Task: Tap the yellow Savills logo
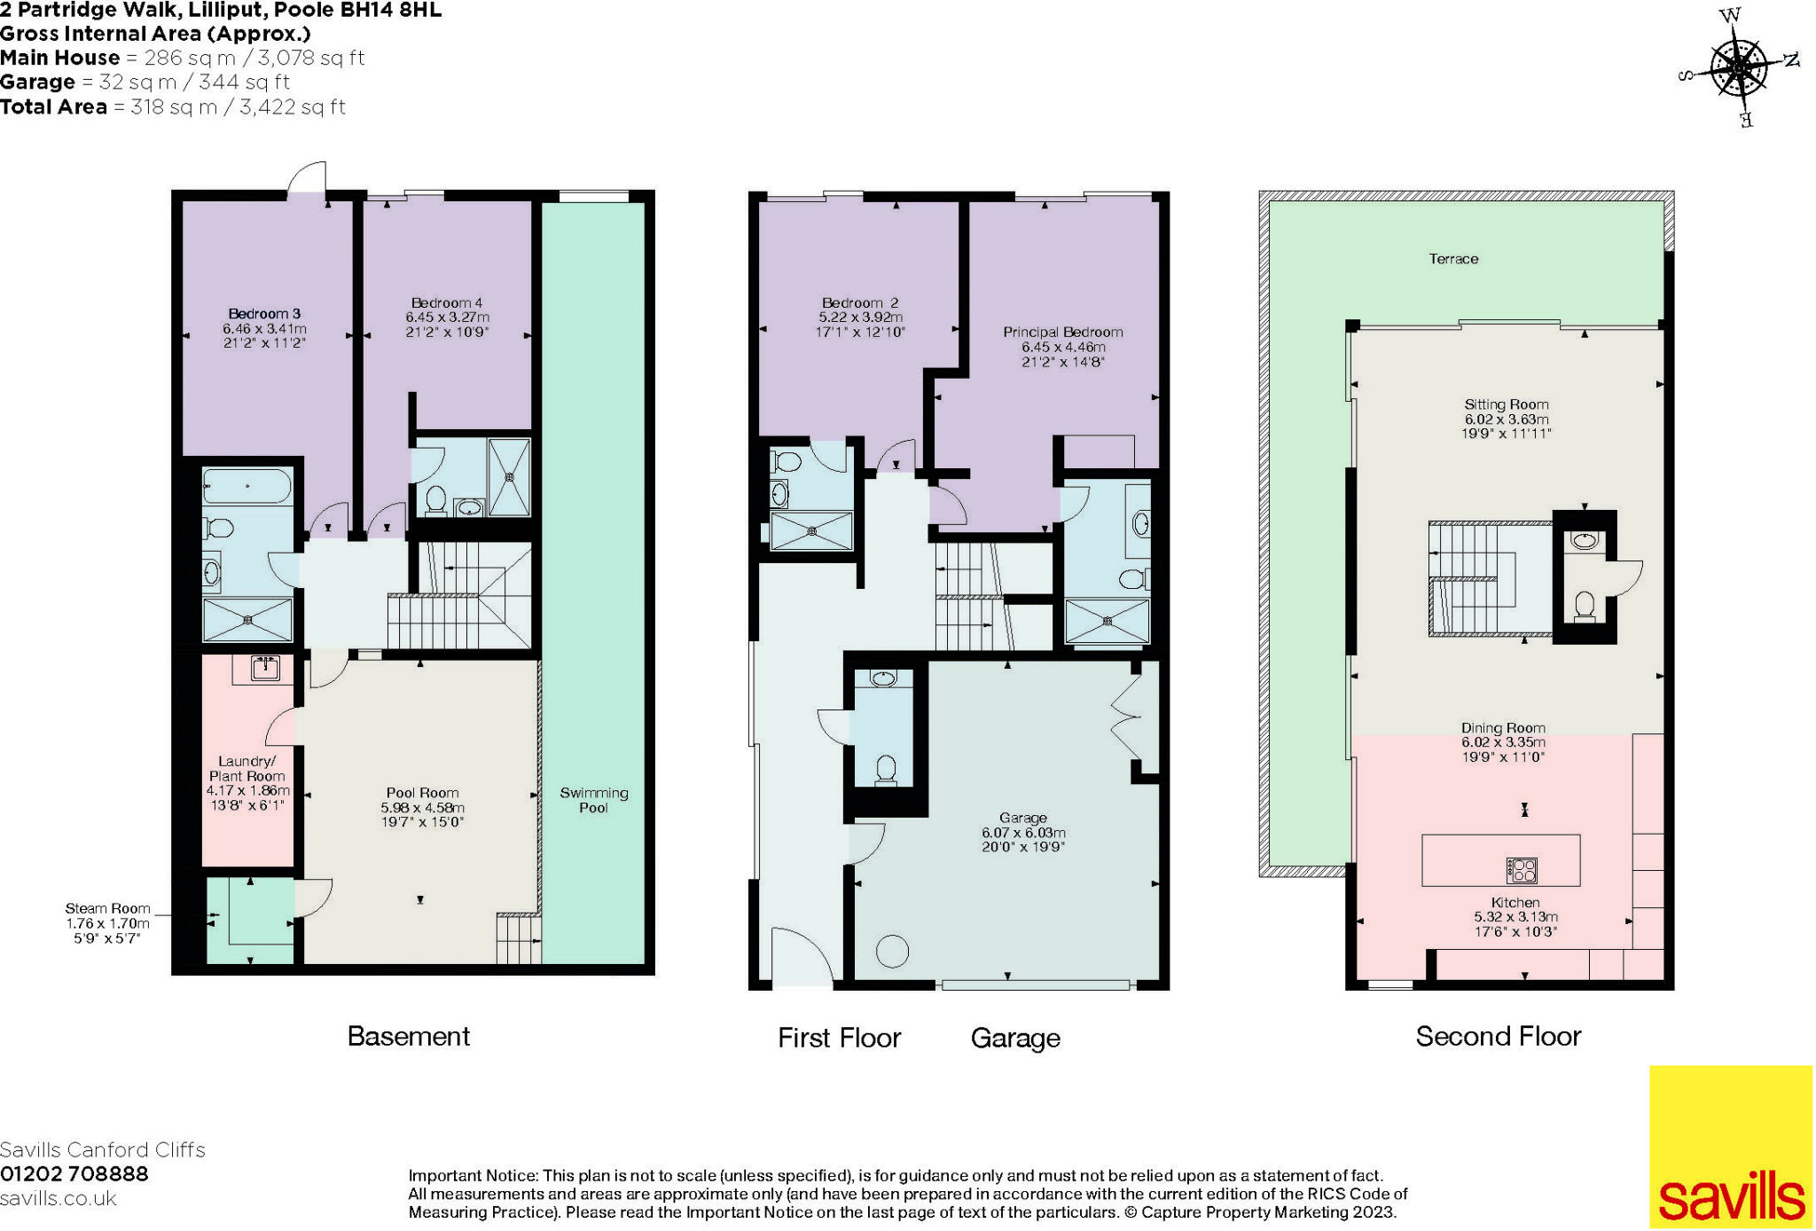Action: pyautogui.click(x=1730, y=1146)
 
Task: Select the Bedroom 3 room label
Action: pyautogui.click(x=264, y=314)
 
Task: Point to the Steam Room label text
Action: pyautogui.click(x=107, y=908)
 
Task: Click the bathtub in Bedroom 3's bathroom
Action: pyautogui.click(x=247, y=486)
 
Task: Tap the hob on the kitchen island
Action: pyautogui.click(x=1522, y=870)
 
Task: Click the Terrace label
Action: pyautogui.click(x=1453, y=259)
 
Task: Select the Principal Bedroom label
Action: pyautogui.click(x=1062, y=333)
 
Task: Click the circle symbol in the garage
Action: pyautogui.click(x=892, y=952)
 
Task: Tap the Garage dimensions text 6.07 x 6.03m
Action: pyautogui.click(x=1022, y=833)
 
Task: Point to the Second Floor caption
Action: pyautogui.click(x=1498, y=1036)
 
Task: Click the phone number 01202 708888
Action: pyautogui.click(x=74, y=1174)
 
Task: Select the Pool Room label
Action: pyautogui.click(x=422, y=793)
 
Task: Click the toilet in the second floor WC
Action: pyautogui.click(x=1585, y=607)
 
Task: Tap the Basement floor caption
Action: pyautogui.click(x=408, y=1036)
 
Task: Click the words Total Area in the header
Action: pyautogui.click(x=53, y=107)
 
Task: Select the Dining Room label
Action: pyautogui.click(x=1503, y=728)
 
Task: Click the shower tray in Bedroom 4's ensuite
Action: pyautogui.click(x=509, y=477)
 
